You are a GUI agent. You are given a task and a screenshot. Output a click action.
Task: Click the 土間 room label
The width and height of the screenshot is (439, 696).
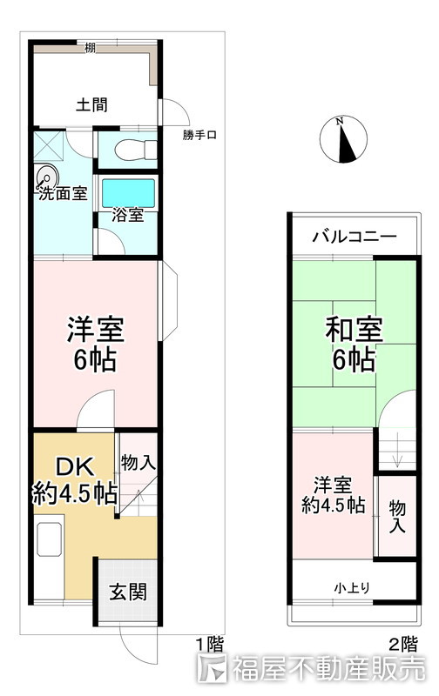91,105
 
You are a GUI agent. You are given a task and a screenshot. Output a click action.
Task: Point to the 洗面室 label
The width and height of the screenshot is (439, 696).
62,193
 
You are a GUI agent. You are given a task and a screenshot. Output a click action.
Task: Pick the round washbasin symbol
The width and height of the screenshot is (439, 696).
49,176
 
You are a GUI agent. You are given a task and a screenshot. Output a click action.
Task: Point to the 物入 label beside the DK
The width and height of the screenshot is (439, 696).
138,462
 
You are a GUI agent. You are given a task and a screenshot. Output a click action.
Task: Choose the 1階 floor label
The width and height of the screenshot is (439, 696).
208,644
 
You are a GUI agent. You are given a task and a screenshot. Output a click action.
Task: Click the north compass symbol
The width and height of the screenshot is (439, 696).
344,140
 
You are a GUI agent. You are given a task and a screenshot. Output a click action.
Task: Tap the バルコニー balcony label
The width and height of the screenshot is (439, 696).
354,236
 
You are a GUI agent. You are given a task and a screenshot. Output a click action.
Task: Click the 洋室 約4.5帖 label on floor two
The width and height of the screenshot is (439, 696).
334,493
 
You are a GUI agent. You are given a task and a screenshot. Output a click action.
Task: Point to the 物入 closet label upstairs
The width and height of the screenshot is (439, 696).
396,515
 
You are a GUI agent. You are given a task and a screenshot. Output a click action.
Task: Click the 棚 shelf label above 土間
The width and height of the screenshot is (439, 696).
91,48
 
